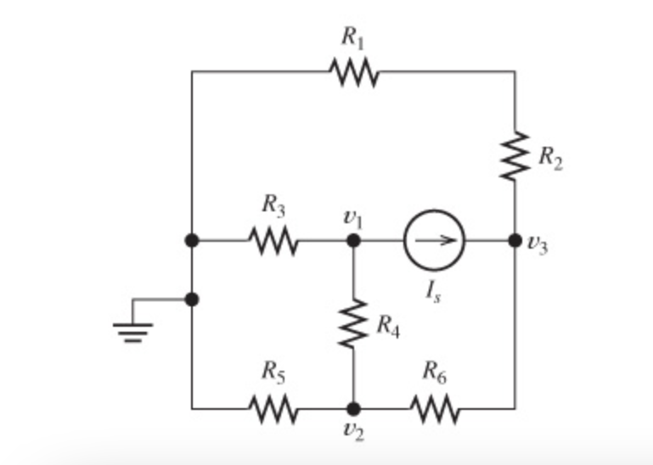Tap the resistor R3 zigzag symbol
[273, 241]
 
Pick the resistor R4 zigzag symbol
[353, 323]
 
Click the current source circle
[434, 241]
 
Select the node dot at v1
[353, 241]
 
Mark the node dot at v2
[353, 409]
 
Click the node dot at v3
[515, 241]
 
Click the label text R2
[549, 157]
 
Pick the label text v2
[353, 434]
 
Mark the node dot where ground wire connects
[192, 299]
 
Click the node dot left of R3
[192, 241]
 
